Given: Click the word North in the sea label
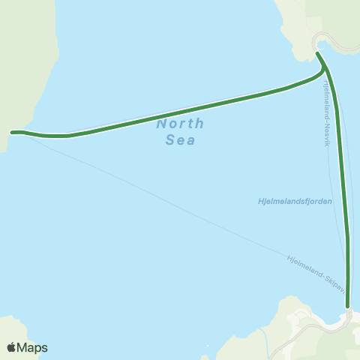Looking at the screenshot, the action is click(180, 124).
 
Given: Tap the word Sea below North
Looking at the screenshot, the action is click(180, 140).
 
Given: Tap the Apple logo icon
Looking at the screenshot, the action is click(10, 347).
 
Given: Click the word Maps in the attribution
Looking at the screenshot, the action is click(32, 347).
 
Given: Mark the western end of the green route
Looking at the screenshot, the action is click(12, 132).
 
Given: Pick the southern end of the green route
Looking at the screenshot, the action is click(347, 306).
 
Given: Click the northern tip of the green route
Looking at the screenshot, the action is click(317, 53).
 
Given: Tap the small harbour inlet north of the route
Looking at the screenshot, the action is click(321, 45).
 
